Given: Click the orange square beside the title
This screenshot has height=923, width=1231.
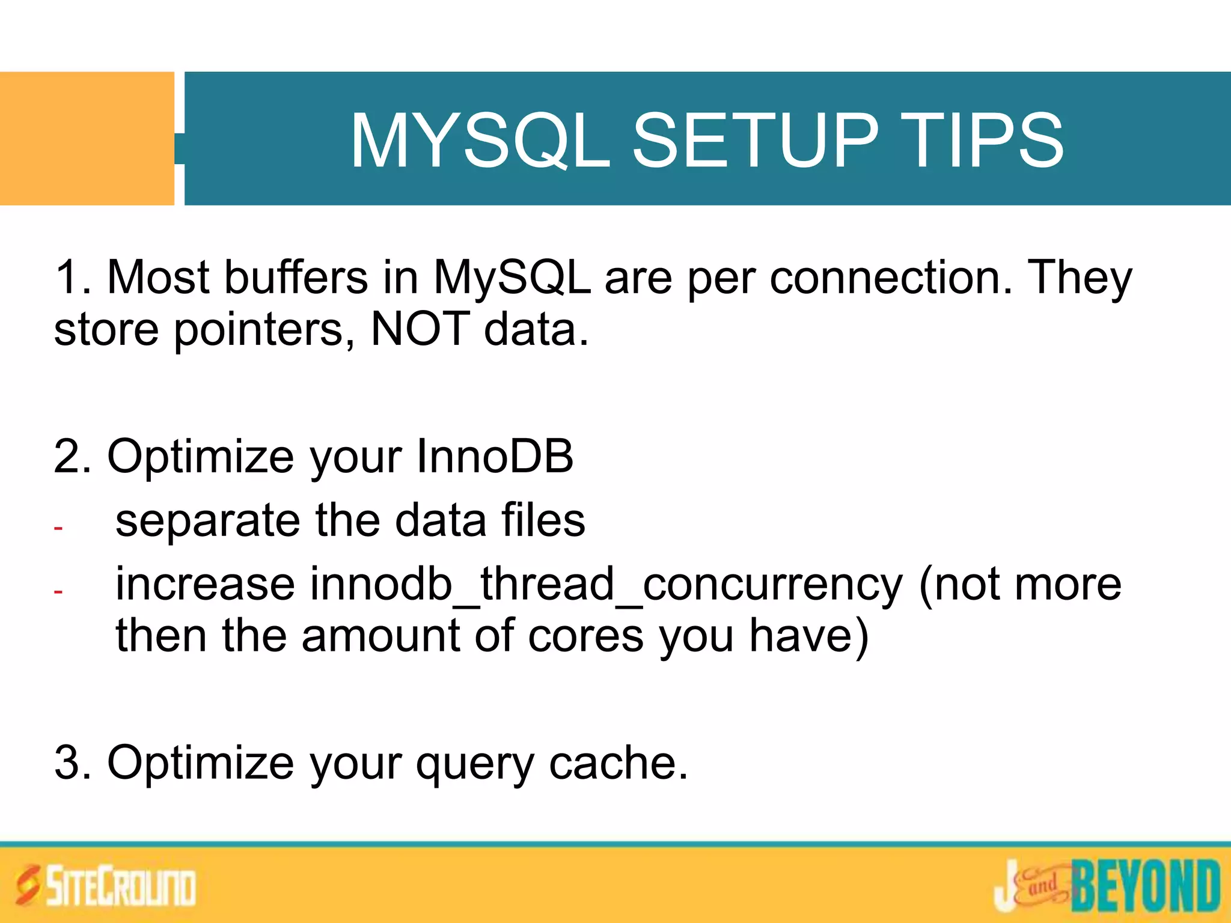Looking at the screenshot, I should (x=87, y=139).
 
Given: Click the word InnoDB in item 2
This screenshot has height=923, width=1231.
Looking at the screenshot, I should (x=494, y=457).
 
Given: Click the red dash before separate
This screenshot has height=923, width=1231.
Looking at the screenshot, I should (x=58, y=528).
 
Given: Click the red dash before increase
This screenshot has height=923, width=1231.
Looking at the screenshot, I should (x=58, y=592).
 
